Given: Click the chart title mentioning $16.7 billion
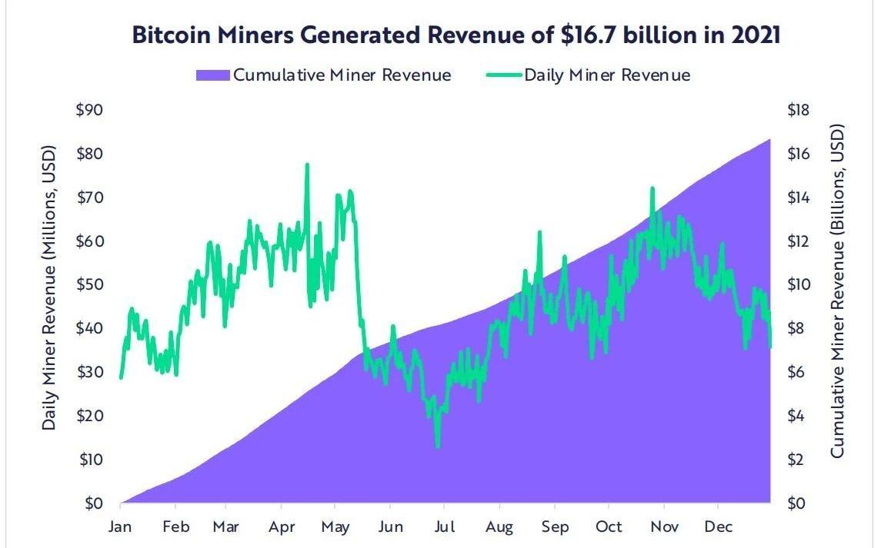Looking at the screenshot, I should pyautogui.click(x=456, y=36).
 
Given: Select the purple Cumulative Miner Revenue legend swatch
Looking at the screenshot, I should pyautogui.click(x=212, y=75).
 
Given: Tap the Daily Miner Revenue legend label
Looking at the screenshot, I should pyautogui.click(x=607, y=75).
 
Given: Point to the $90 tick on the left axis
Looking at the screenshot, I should pyautogui.click(x=91, y=110).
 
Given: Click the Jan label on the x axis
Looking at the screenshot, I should pyautogui.click(x=121, y=527).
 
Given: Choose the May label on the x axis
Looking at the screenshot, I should pyautogui.click(x=335, y=527).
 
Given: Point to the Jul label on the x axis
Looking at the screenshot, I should pyautogui.click(x=444, y=527).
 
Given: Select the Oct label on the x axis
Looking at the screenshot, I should pyautogui.click(x=609, y=527).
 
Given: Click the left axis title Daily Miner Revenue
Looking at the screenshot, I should pyautogui.click(x=50, y=285).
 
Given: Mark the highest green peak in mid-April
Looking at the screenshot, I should pyautogui.click(x=307, y=164).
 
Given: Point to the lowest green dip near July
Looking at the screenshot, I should pyautogui.click(x=438, y=446).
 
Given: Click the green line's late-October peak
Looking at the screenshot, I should pyautogui.click(x=652, y=188).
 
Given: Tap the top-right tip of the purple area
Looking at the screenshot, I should pyautogui.click(x=769, y=139).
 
